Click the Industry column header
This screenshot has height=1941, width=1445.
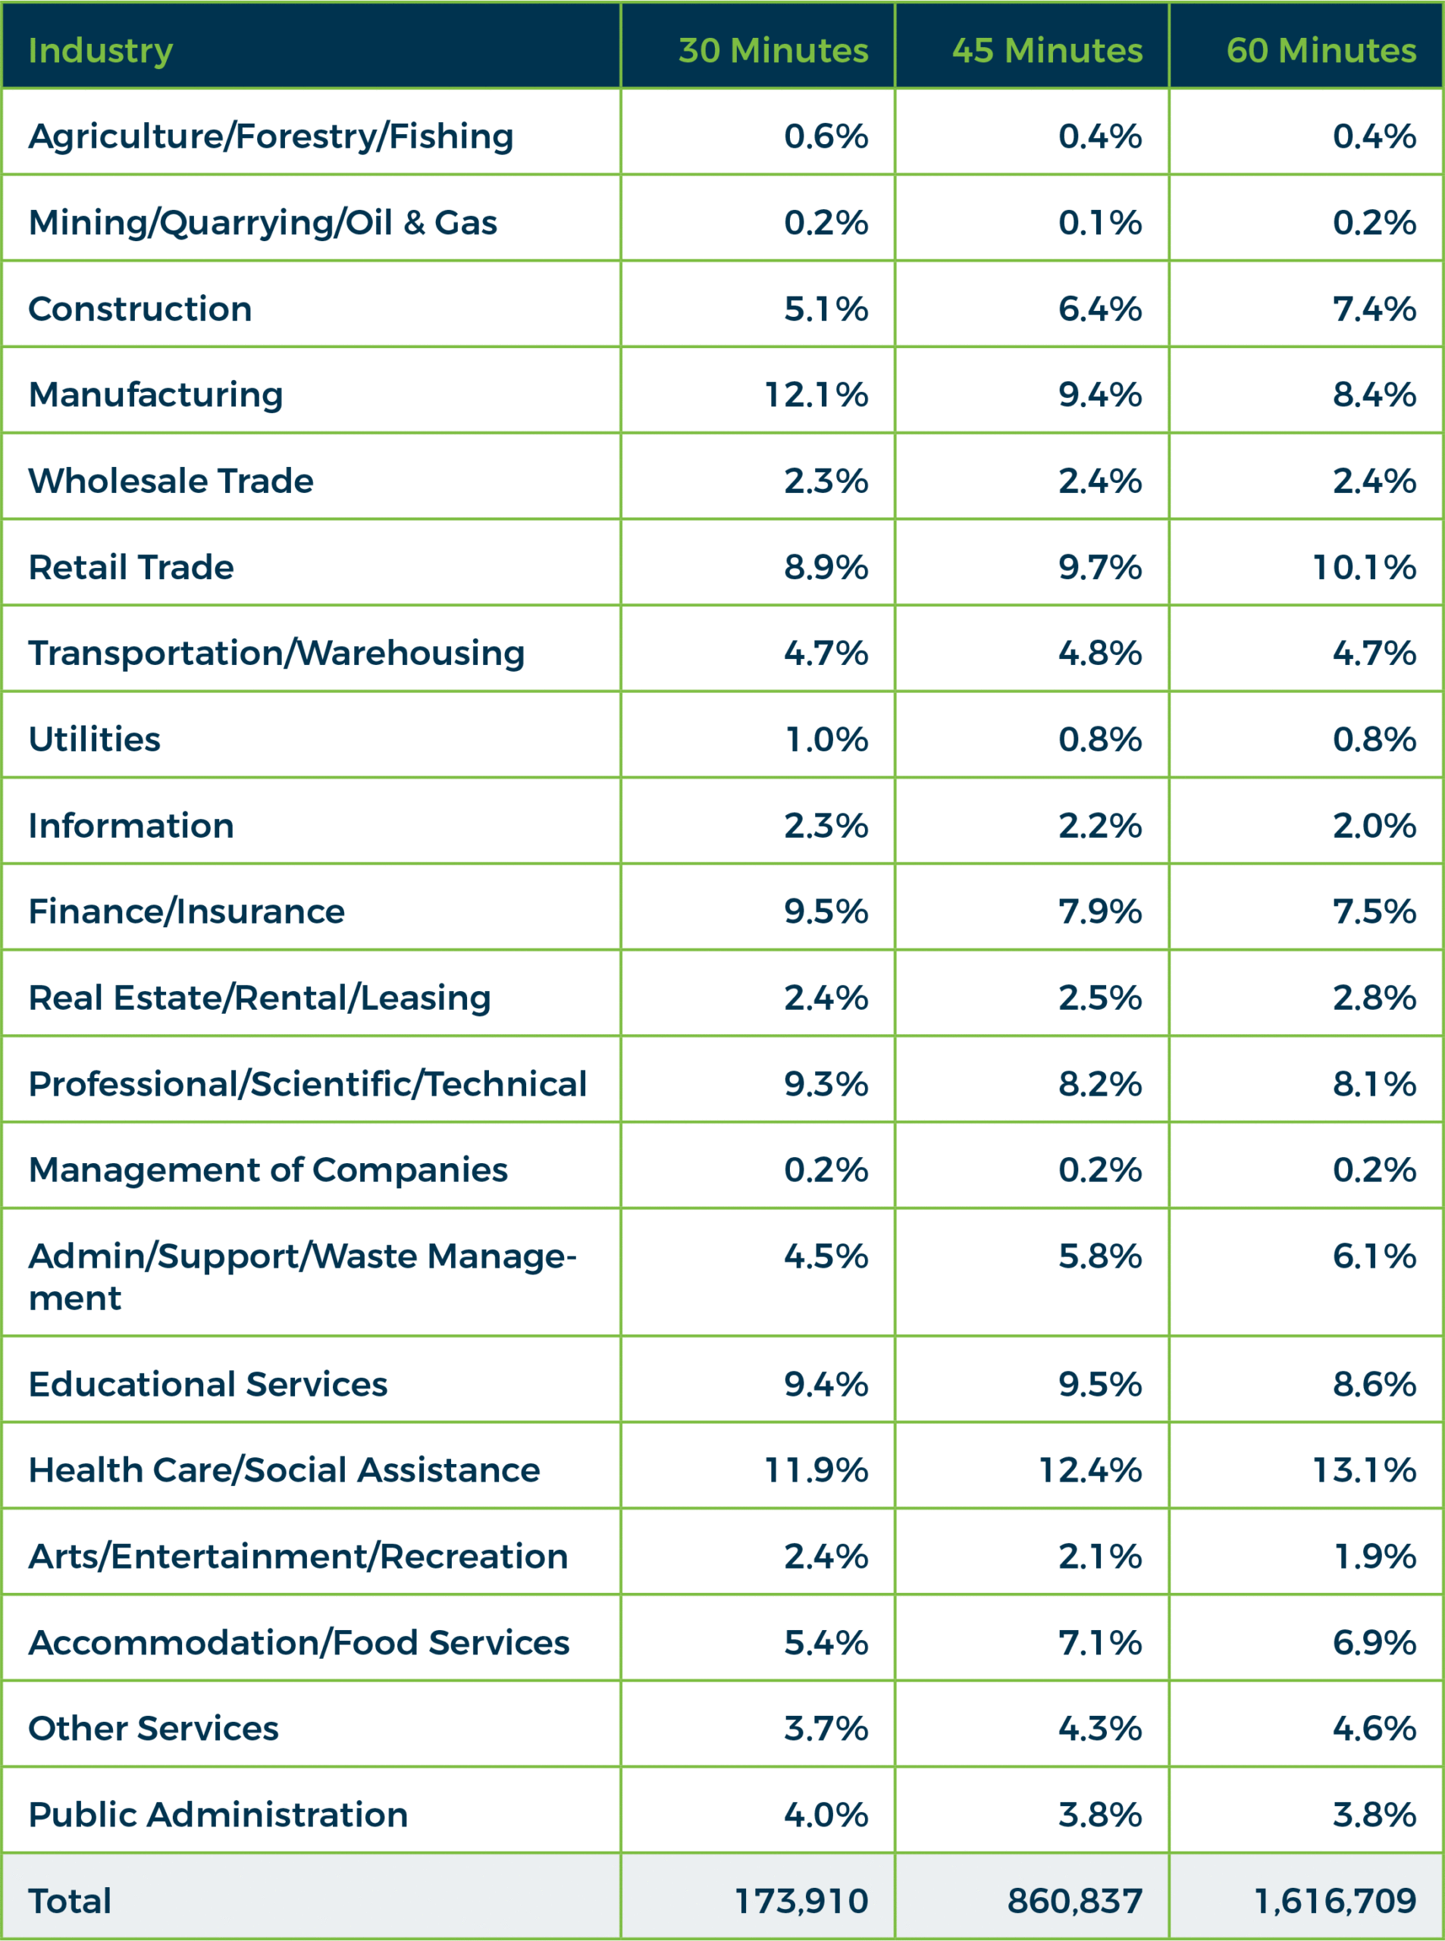coord(101,51)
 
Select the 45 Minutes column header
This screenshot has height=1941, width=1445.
coord(1047,51)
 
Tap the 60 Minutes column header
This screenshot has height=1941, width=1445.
coord(1321,51)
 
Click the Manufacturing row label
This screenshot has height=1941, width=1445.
coord(155,394)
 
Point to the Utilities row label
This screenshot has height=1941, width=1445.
coord(95,739)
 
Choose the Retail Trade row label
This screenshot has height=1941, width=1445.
coord(131,567)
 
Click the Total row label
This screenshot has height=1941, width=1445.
coord(70,1901)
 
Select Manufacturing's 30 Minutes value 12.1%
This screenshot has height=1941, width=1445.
coord(816,394)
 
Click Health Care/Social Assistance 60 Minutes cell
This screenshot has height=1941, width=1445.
coord(1364,1470)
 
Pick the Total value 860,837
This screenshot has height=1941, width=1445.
coord(1074,1901)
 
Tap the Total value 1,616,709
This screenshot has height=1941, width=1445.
coord(1335,1901)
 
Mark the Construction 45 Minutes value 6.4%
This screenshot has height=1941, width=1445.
coord(1099,309)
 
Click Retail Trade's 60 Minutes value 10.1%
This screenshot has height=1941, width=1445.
coord(1364,567)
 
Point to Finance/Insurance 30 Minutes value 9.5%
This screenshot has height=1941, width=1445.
coord(826,911)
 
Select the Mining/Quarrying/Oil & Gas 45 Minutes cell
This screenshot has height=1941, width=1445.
coord(1099,222)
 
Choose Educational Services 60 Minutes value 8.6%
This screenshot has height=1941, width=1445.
coord(1374,1384)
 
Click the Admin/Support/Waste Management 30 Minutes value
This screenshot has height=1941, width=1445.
coord(826,1256)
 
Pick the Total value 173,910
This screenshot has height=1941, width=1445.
coord(801,1901)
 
